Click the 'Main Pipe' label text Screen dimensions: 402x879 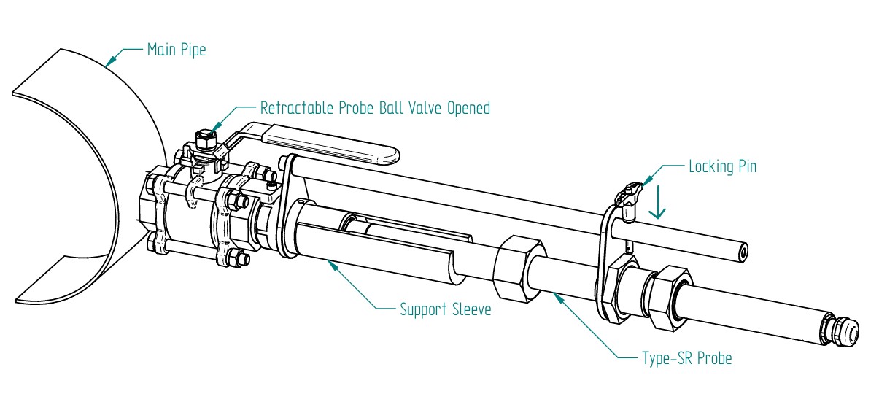coord(176,50)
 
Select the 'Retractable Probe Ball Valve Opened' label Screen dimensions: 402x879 coord(375,108)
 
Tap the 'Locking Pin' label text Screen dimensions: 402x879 coord(722,166)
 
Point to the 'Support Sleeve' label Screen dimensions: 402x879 coord(445,309)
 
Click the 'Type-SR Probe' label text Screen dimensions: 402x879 coord(686,358)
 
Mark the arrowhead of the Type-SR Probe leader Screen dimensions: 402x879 coord(556,294)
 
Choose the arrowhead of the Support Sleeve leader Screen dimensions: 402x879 coord(330,263)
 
